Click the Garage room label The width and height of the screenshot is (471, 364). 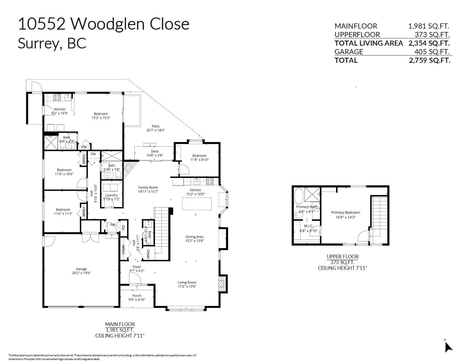[x=81, y=269]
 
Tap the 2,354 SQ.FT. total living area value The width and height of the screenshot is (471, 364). [x=429, y=43]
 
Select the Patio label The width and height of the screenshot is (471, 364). [x=156, y=126]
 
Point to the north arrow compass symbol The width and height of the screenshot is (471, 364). [x=448, y=347]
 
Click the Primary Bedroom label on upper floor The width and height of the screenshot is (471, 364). [x=345, y=212]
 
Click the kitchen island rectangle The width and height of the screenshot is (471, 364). [x=197, y=204]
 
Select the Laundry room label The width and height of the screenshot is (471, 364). [x=111, y=195]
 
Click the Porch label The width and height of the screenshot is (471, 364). [x=137, y=296]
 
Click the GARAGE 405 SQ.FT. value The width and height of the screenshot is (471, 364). [x=432, y=52]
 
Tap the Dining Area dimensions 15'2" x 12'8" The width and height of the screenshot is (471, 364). [x=194, y=241]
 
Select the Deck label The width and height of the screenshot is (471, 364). [x=155, y=151]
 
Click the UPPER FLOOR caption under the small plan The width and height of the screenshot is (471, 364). [x=343, y=257]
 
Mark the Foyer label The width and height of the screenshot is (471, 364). [x=137, y=267]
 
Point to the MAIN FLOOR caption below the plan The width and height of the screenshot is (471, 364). [x=120, y=324]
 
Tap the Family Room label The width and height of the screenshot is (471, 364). [x=148, y=188]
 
